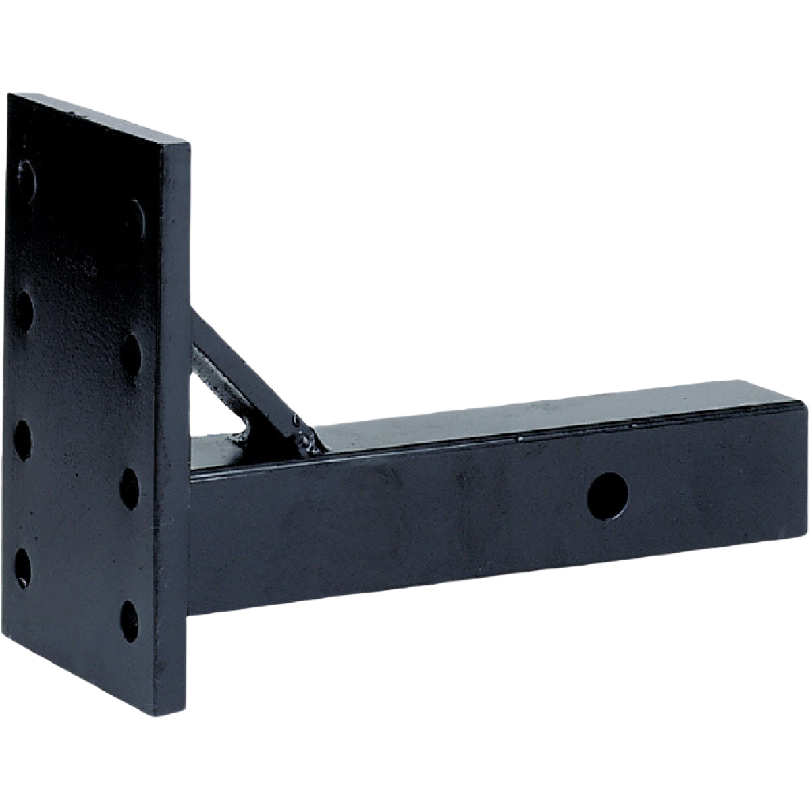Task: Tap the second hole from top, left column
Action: (22, 311)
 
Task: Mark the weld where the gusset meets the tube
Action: (307, 442)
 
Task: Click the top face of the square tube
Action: (540, 418)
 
